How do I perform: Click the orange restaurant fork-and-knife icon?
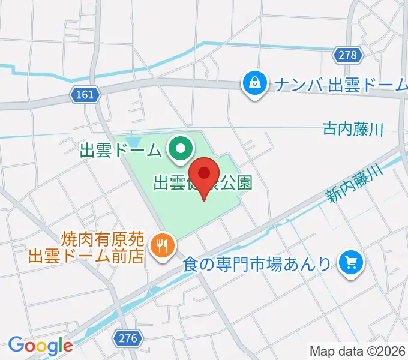click(x=162, y=244)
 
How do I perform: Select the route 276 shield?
click(x=128, y=338)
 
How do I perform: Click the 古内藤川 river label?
click(x=352, y=128)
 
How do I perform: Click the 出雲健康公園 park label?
click(x=203, y=183)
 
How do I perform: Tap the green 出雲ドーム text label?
click(x=121, y=150)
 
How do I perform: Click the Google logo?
click(x=40, y=346)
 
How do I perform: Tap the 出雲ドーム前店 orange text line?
click(x=87, y=255)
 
